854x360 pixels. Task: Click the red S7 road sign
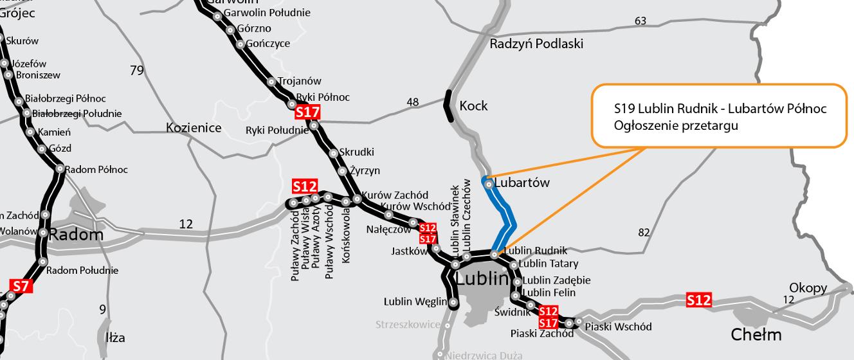tap(21, 286)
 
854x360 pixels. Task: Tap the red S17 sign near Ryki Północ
tap(307, 113)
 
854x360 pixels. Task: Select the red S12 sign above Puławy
tap(305, 186)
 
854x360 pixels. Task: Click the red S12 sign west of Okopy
tap(699, 300)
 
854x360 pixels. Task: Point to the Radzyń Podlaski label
tap(536, 44)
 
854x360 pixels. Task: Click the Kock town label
tap(473, 105)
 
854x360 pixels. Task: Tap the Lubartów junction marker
tap(489, 184)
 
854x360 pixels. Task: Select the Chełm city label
tap(756, 334)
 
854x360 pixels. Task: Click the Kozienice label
tap(194, 127)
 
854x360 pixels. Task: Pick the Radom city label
tap(76, 234)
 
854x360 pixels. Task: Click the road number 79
tap(136, 70)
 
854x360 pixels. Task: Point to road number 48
tap(413, 102)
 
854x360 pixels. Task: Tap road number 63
tap(640, 21)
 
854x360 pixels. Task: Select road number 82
tap(644, 233)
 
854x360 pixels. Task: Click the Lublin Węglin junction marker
tap(453, 302)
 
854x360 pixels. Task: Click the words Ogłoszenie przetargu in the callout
tap(675, 126)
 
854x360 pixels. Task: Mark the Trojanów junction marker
tap(272, 82)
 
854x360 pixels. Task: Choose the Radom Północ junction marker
tap(60, 169)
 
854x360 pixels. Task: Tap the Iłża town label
tap(114, 337)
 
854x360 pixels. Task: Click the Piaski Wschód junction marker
tap(578, 321)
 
